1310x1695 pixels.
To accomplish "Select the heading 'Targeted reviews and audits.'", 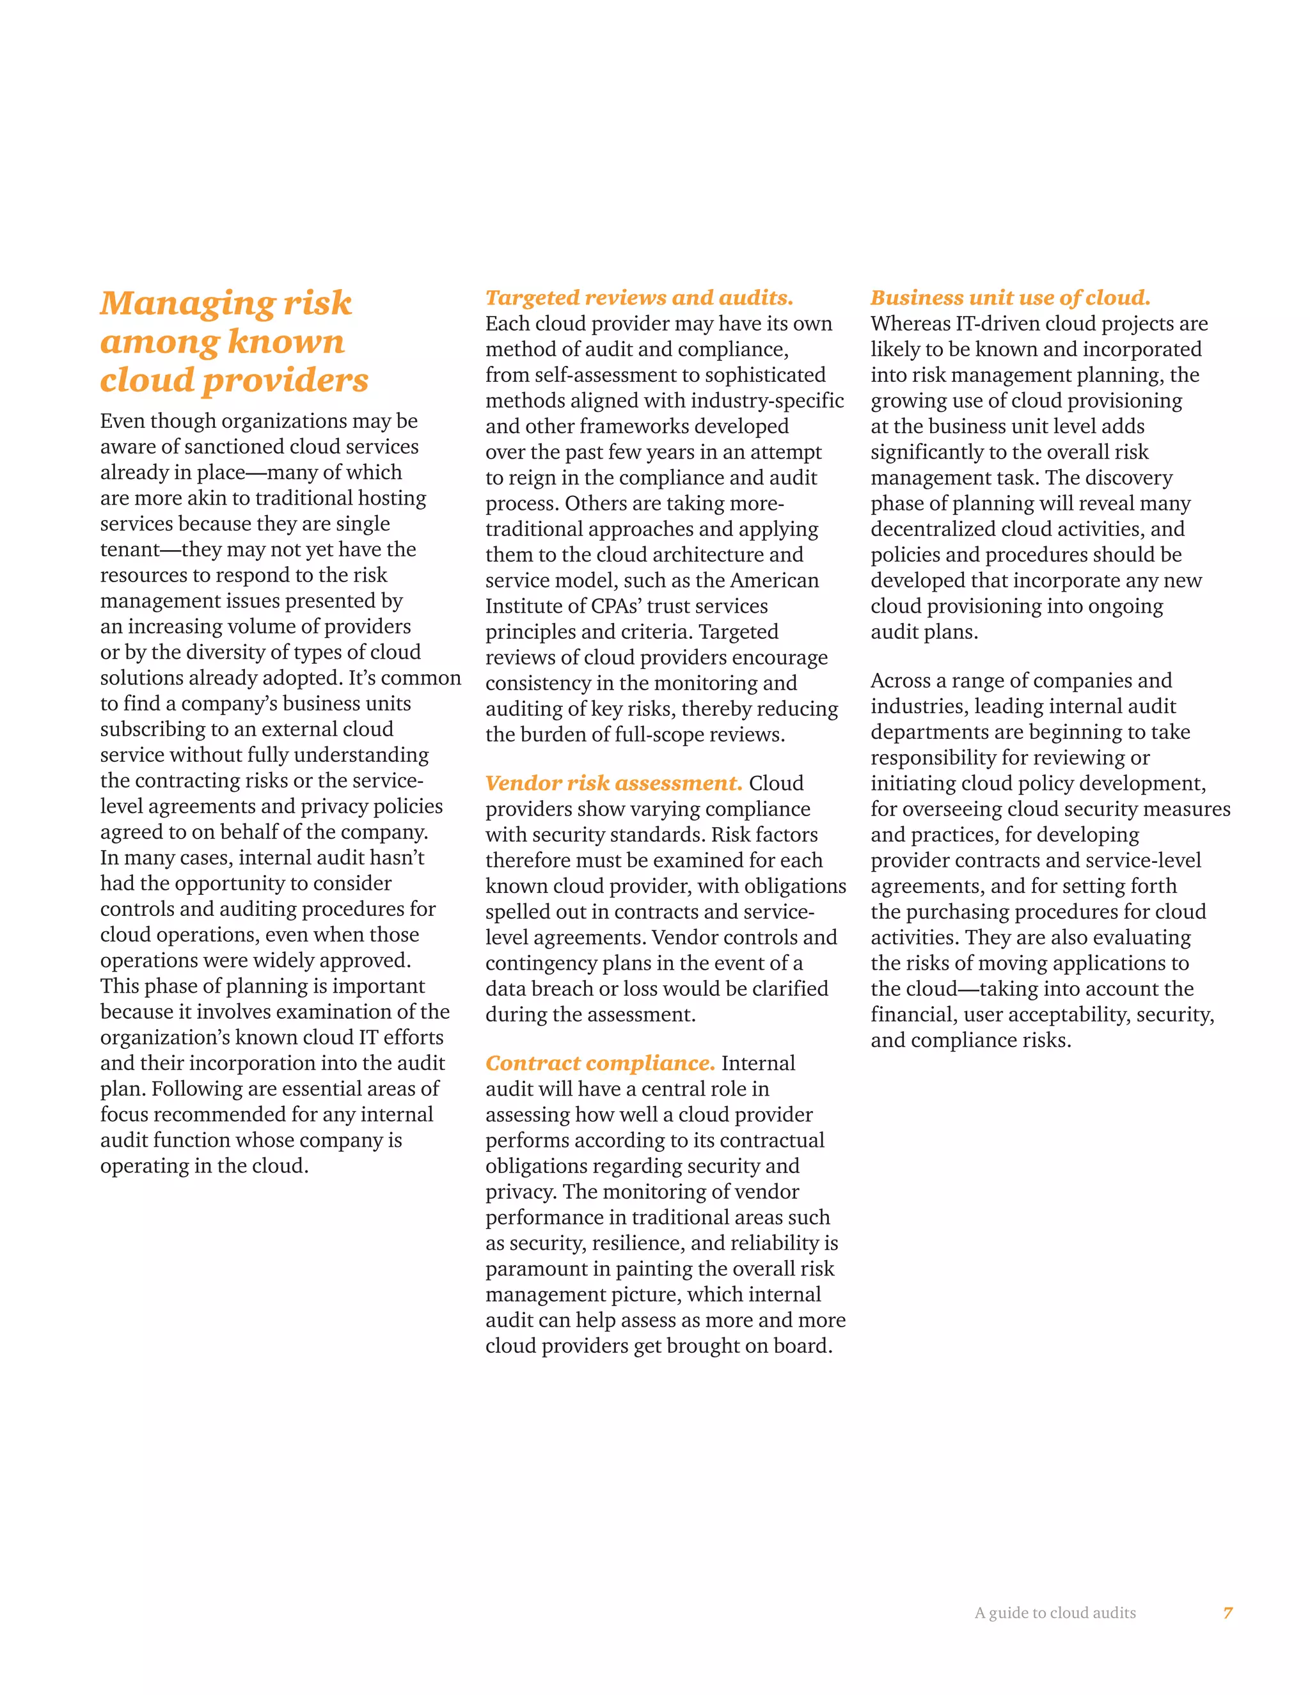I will tap(640, 297).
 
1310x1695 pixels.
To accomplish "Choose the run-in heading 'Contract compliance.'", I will tap(600, 1063).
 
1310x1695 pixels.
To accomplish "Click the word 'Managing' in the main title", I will tap(186, 303).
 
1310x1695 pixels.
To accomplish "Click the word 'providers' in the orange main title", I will tap(285, 381).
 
